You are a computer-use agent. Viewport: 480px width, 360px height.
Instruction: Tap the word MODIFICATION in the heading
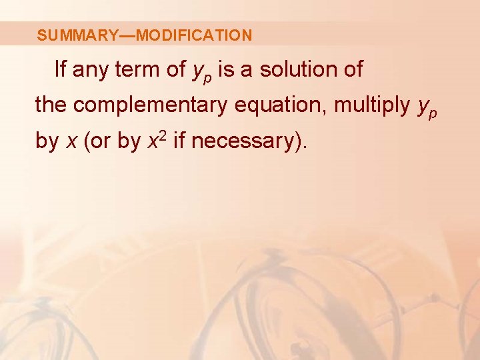tap(193, 35)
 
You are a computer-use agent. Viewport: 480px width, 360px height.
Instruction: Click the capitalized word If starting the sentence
tap(60, 69)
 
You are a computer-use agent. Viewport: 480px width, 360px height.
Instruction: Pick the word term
tap(138, 69)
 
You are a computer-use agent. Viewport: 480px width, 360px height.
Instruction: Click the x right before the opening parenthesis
tap(71, 141)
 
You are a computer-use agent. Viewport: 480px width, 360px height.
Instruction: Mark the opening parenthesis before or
tap(87, 141)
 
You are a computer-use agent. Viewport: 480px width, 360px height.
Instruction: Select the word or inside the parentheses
tap(101, 141)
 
